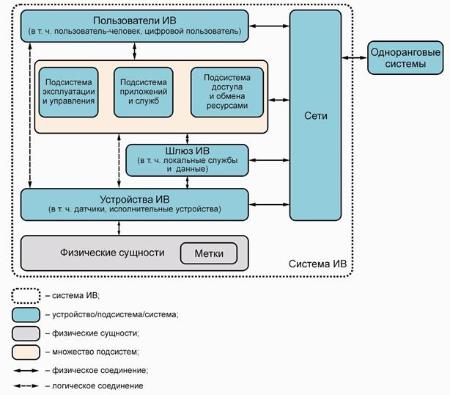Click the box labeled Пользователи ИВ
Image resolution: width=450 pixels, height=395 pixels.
(133, 25)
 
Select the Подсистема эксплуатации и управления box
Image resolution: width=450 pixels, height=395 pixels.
(69, 92)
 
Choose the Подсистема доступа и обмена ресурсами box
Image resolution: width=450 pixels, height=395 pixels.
(226, 92)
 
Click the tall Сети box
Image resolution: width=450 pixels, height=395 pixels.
(315, 115)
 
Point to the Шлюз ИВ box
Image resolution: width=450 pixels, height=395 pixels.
(187, 159)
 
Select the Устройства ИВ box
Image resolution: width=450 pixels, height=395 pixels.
(133, 203)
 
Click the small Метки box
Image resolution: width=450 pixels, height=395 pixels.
(209, 253)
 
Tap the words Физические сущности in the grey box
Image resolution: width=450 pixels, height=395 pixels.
(111, 253)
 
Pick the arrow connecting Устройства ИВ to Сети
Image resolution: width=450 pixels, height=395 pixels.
(268, 203)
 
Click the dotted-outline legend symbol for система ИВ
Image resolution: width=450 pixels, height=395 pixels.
(26, 295)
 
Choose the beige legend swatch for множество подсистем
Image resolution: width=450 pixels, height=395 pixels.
(26, 351)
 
